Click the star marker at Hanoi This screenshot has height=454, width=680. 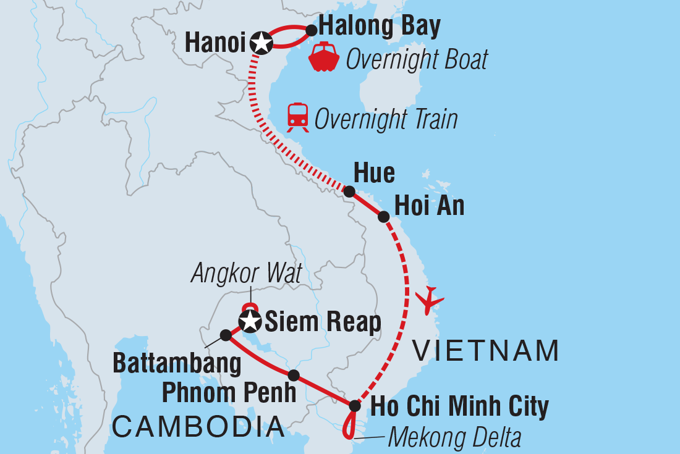(x=261, y=44)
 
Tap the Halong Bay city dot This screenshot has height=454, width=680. (x=312, y=29)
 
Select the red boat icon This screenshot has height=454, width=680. (x=324, y=57)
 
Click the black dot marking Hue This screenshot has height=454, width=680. (x=349, y=191)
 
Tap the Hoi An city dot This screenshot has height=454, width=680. (x=383, y=217)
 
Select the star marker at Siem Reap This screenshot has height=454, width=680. (x=250, y=321)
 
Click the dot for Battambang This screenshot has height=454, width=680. (x=226, y=335)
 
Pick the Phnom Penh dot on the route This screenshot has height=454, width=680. (x=294, y=375)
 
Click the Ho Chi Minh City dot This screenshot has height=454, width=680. (x=354, y=406)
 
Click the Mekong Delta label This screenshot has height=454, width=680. (x=454, y=438)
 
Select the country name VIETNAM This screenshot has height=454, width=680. (x=486, y=351)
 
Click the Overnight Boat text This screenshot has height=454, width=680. (x=417, y=60)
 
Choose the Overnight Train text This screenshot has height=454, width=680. (x=386, y=119)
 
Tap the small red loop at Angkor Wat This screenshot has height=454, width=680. (x=249, y=306)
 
